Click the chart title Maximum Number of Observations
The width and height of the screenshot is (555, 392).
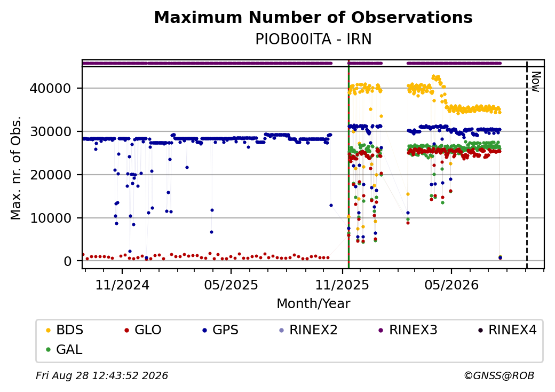coord(313,17)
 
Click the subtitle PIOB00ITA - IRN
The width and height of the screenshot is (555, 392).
coord(313,40)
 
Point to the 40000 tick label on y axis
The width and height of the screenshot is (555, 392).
coord(51,88)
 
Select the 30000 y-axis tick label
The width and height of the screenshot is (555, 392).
coord(51,131)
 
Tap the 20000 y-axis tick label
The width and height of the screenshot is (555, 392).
coord(51,175)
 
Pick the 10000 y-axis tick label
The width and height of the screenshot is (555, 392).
coord(51,218)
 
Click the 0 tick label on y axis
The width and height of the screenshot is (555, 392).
coord(68,261)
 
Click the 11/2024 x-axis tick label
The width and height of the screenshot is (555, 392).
coord(122,285)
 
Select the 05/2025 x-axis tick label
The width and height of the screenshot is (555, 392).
coord(231,285)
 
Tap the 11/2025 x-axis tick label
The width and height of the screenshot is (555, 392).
coord(342,285)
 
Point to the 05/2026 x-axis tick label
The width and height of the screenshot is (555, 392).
coord(451,285)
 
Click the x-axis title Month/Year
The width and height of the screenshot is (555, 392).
coord(313,303)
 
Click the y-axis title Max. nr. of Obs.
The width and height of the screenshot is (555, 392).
coord(16,168)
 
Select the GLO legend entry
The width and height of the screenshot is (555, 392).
coord(143,330)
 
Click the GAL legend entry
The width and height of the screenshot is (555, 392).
coord(65,349)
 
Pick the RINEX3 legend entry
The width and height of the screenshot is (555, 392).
coord(408,330)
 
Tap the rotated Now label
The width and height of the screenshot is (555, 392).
coord(536,82)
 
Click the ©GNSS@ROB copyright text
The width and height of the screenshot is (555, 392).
coord(499,375)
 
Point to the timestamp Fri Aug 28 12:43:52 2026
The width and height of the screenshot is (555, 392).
coord(102,375)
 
